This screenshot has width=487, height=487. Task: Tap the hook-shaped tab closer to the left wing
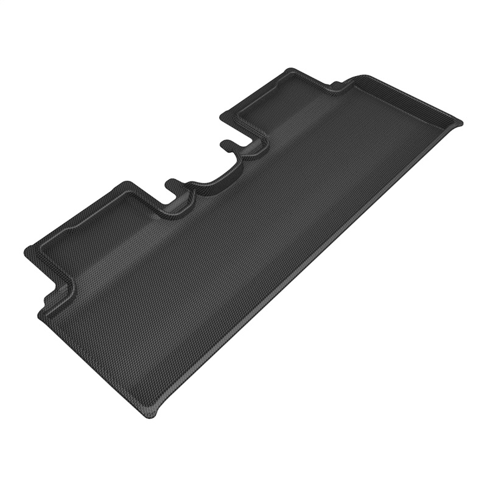[x=172, y=183]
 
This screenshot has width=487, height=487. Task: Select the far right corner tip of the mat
[x=460, y=122]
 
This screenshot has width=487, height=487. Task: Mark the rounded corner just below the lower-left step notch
[x=41, y=314]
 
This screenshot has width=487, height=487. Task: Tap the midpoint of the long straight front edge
[x=304, y=268]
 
